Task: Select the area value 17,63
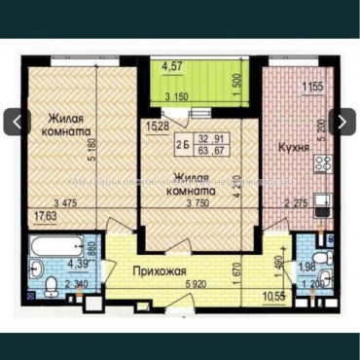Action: pos(41,216)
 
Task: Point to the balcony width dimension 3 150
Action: pos(177,96)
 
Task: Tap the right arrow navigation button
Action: pos(342,122)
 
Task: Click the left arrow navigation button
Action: pos(17,122)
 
